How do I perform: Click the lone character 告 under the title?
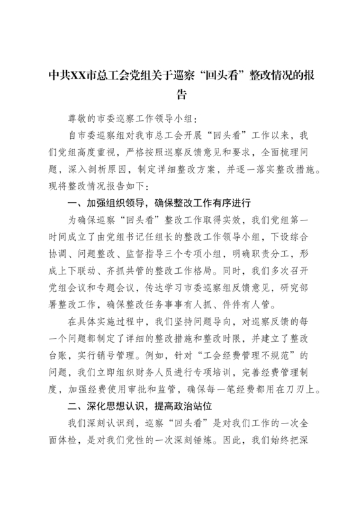(x=180, y=96)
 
